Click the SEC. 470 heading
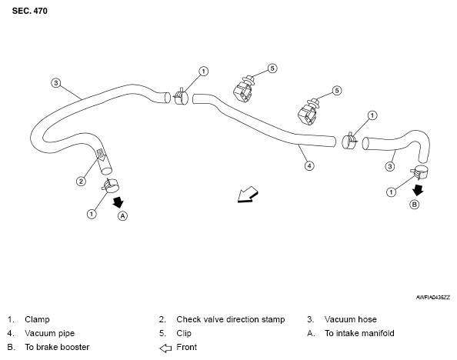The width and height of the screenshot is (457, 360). pos(29,11)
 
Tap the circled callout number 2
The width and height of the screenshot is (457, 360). pos(81,182)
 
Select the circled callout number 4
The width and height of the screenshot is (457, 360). pos(309,166)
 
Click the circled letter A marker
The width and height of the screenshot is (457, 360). pos(122,216)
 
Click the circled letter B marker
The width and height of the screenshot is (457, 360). pos(415,205)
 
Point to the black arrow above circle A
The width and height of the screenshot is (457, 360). pos(118,202)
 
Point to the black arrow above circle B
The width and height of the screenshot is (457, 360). pos(418,190)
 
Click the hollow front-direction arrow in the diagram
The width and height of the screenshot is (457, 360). pos(248,194)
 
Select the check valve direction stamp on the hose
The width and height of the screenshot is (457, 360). pos(101,155)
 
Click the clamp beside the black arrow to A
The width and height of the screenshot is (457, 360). pos(110,185)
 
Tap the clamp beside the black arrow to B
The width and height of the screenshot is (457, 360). pos(419,172)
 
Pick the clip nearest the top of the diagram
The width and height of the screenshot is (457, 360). pos(243,89)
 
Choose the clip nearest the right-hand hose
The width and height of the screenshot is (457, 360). pos(308,112)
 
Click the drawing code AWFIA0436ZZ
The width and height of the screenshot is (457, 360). pos(433,298)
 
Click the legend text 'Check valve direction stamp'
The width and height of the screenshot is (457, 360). pos(230,319)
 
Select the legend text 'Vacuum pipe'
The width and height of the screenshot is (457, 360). pos(49,333)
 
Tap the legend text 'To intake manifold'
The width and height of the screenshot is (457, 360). pos(359,333)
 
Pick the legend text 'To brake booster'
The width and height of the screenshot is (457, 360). pos(57,347)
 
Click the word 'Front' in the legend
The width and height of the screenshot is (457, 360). pos(186,347)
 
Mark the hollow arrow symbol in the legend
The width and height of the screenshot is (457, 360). pos(165,348)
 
